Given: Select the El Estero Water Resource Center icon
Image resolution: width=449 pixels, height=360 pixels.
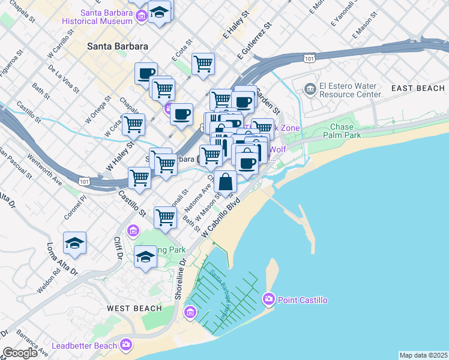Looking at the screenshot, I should tap(310, 90).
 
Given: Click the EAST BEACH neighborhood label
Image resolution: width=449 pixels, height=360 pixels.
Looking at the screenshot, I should tap(418, 88).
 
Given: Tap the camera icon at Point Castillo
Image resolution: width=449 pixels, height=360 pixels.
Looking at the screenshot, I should tap(268, 299).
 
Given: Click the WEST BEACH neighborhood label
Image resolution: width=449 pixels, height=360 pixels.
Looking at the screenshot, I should tap(134, 308).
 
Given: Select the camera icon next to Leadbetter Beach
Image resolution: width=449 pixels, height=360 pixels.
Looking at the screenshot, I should tap(126, 344).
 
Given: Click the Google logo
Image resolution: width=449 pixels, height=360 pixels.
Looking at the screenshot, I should tap(20, 353).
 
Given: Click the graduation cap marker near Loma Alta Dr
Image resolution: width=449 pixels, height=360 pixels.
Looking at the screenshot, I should tap(74, 243).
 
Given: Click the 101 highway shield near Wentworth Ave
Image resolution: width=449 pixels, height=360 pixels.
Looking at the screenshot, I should tap(85, 181).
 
